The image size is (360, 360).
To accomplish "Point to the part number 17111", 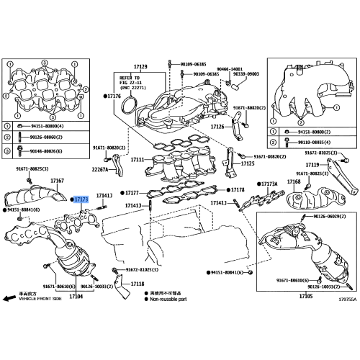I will point(137,159).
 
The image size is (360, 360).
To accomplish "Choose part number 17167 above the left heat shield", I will point(58,180).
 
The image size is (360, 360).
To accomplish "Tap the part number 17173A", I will point(269,184).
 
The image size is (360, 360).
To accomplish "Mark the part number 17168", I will point(294,182).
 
